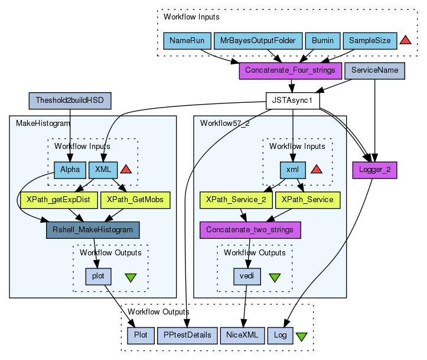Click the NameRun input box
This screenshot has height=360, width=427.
(186, 41)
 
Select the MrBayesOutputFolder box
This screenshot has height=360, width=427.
(257, 41)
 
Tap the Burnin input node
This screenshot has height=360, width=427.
(322, 41)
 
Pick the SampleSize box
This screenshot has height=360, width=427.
(369, 41)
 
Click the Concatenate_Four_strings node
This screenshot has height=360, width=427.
(291, 70)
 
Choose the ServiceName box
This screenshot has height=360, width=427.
(374, 70)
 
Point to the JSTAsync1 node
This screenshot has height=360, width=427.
(293, 100)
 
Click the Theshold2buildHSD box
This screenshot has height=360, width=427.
(70, 100)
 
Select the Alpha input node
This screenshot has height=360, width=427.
(70, 170)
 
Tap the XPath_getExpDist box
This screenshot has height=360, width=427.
(58, 199)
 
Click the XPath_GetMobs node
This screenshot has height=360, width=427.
(135, 199)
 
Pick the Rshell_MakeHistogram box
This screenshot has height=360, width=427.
(93, 229)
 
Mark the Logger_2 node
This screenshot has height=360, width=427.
(374, 170)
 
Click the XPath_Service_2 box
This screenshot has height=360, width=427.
(236, 199)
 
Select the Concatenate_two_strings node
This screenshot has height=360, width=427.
(250, 229)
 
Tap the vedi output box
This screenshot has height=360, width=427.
(246, 275)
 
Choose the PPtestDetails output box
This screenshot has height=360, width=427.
(187, 335)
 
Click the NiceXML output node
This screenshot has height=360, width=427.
(242, 335)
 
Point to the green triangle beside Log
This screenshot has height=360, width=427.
(301, 336)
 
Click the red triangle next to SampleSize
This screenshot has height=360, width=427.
(405, 40)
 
